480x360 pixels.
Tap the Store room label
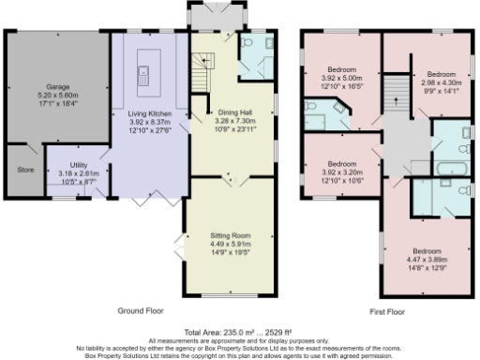click(x=25, y=171)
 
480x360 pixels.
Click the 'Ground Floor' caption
click(x=142, y=309)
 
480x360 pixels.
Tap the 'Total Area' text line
click(x=239, y=333)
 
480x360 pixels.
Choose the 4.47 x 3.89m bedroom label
click(x=430, y=256)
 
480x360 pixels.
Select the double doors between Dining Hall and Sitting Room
click(x=230, y=177)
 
